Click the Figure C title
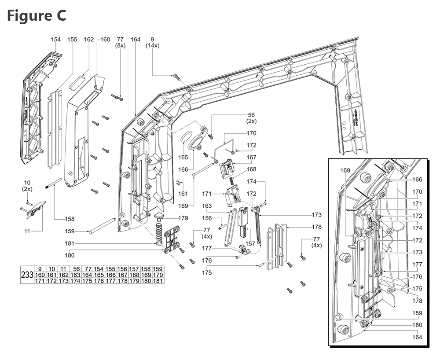[x=37, y=15]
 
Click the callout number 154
[x=56, y=40]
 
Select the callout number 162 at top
[x=88, y=40]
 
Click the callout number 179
[x=183, y=218]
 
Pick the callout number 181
[x=70, y=243]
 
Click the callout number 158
[x=69, y=219]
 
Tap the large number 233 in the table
[x=27, y=275]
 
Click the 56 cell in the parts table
[x=76, y=269]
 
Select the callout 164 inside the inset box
[x=417, y=337]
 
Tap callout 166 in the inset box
[x=417, y=180]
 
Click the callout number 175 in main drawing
[x=207, y=273]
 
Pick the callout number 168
[x=251, y=169]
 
